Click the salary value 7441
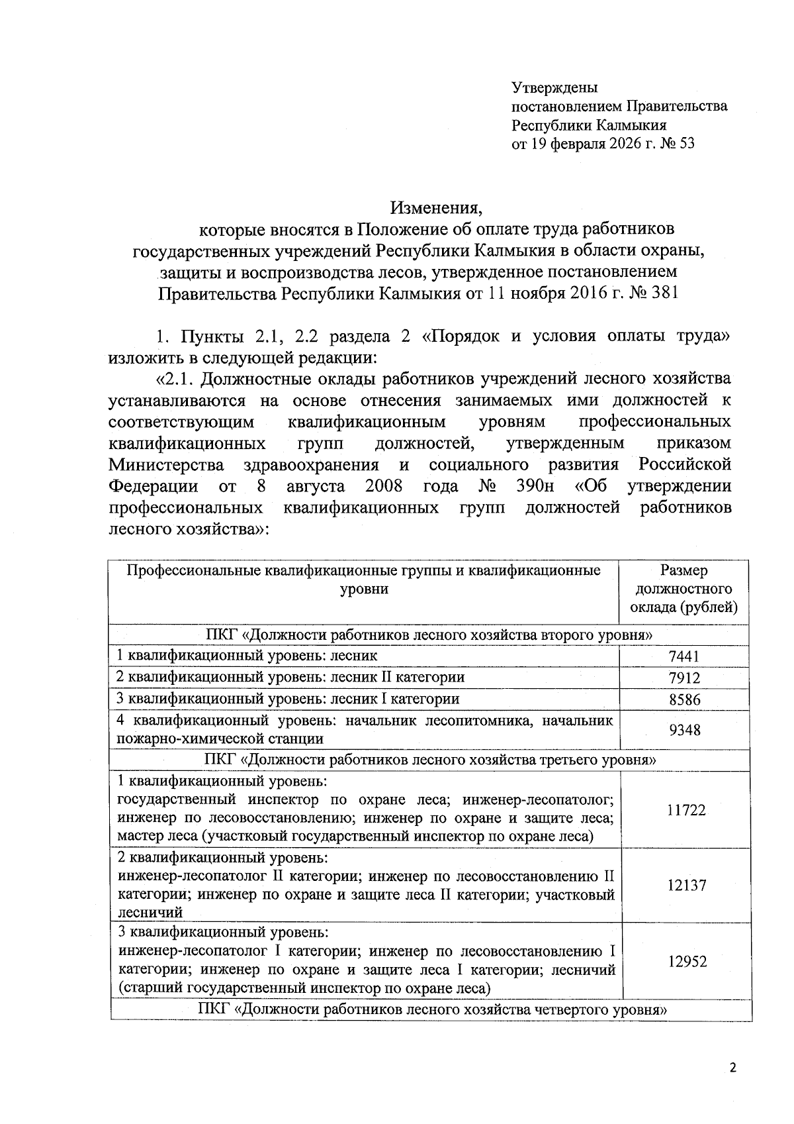(x=684, y=656)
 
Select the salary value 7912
(x=684, y=678)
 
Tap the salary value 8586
(x=684, y=699)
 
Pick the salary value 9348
(x=684, y=730)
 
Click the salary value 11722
(x=685, y=809)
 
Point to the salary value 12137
(x=686, y=885)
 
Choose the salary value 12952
(x=686, y=961)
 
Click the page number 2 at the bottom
(x=732, y=1068)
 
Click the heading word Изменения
(x=436, y=208)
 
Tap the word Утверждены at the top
(x=554, y=87)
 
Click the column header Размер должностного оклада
(x=684, y=589)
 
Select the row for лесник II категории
(x=290, y=677)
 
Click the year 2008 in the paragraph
(x=383, y=486)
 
